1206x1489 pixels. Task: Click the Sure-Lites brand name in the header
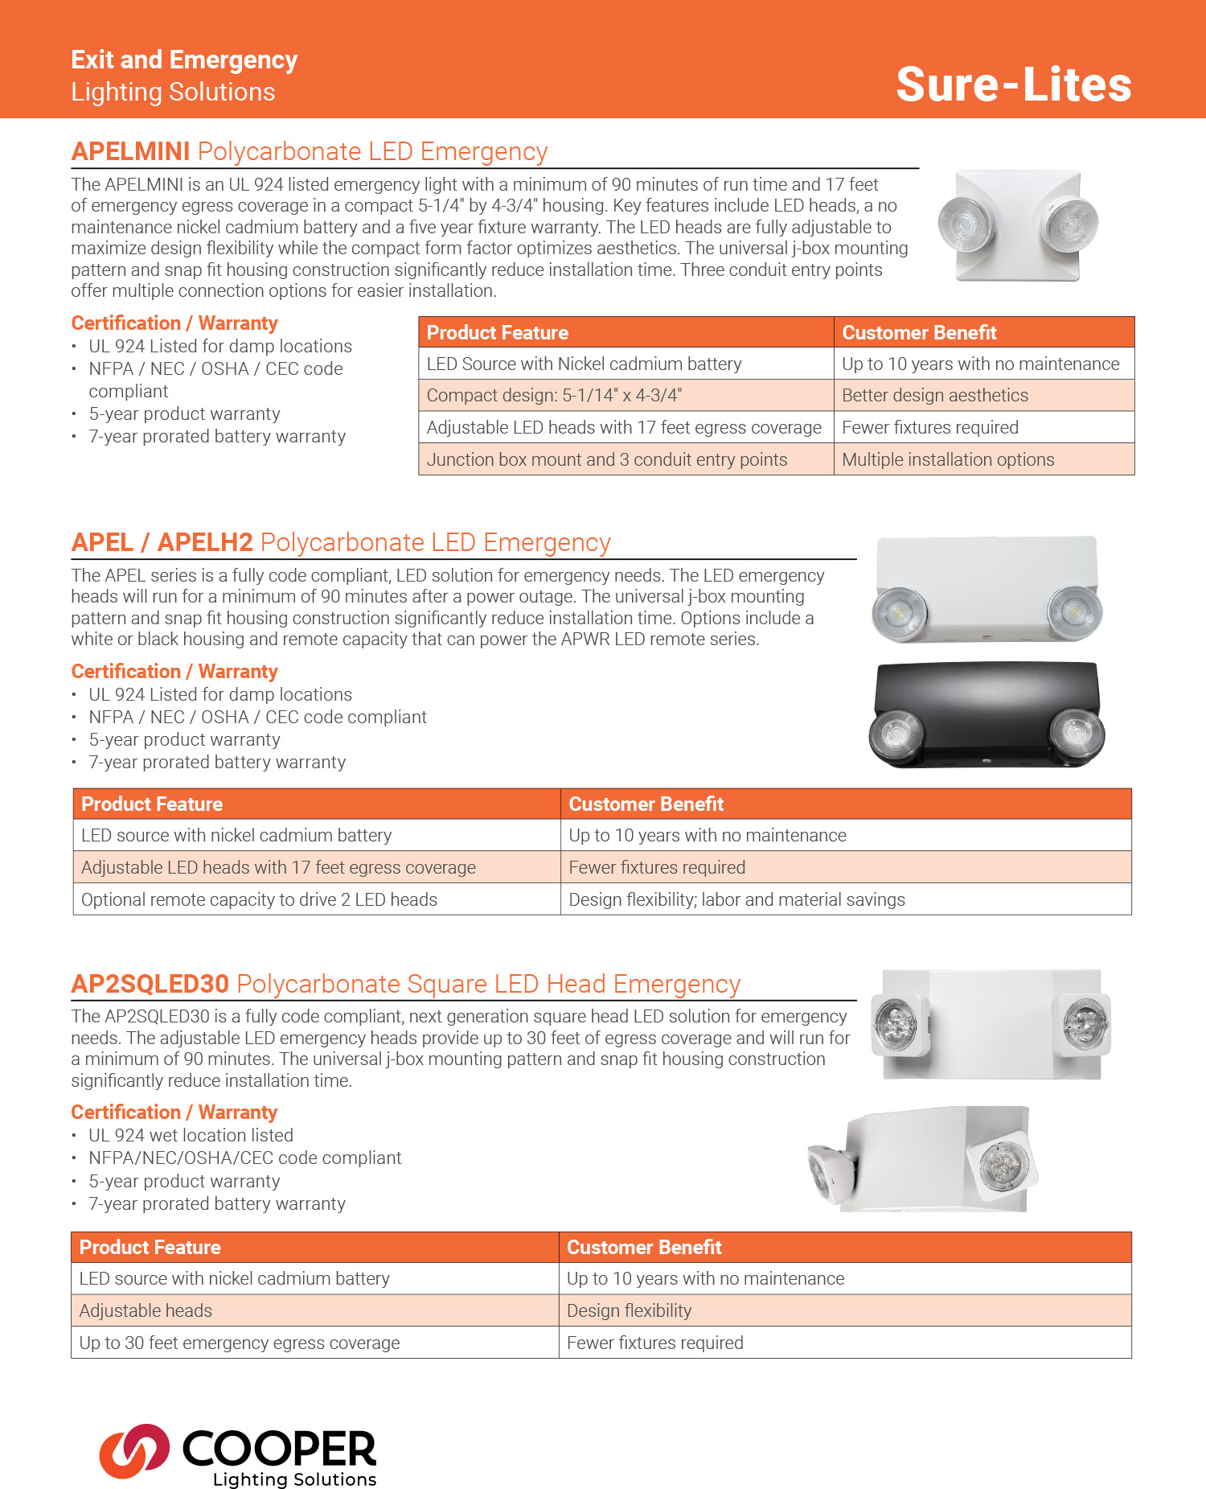tap(1013, 84)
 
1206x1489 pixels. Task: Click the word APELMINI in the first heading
tap(130, 151)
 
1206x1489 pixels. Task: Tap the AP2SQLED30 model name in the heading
tap(150, 984)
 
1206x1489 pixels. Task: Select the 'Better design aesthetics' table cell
tap(934, 395)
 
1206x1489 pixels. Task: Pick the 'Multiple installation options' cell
tap(947, 459)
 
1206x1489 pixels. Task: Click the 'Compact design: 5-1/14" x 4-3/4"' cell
tap(554, 395)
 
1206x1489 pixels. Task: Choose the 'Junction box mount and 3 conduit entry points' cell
tap(606, 459)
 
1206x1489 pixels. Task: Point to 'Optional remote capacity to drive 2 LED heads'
tap(259, 899)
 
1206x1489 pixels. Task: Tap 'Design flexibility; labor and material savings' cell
tap(736, 899)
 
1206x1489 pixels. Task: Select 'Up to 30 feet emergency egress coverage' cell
tap(239, 1343)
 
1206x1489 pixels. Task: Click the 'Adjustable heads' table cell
tap(146, 1310)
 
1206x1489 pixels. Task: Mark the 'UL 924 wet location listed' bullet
tap(191, 1135)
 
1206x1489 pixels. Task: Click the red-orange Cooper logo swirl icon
tap(133, 1451)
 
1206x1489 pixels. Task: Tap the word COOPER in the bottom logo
tap(279, 1448)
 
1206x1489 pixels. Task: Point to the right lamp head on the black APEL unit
tap(1077, 732)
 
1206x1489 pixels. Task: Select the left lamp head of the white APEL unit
tap(900, 614)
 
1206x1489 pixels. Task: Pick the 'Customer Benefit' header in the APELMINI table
tap(919, 332)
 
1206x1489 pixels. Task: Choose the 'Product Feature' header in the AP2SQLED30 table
tap(150, 1247)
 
